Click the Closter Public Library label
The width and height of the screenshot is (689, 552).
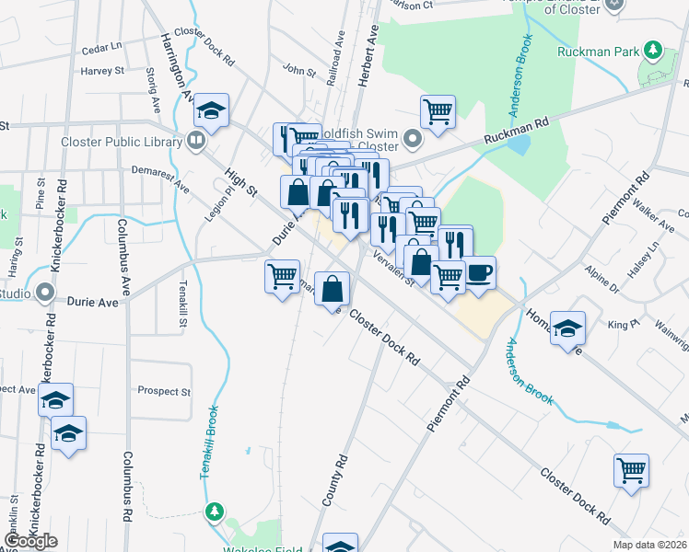[120, 142]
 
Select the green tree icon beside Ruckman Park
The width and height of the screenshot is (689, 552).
[653, 48]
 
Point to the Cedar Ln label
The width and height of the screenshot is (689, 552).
[101, 46]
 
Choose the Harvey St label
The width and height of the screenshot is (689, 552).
[101, 71]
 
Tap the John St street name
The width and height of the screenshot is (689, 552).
[299, 69]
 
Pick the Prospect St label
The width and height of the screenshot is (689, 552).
[163, 391]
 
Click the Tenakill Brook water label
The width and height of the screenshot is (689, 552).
[209, 442]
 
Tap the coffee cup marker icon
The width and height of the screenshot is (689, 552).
[479, 272]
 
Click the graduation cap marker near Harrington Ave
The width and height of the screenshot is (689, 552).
[211, 112]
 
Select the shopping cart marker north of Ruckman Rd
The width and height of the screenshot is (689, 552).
[438, 112]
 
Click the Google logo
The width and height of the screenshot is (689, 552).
[30, 541]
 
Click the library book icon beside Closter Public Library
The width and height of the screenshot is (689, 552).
[196, 142]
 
